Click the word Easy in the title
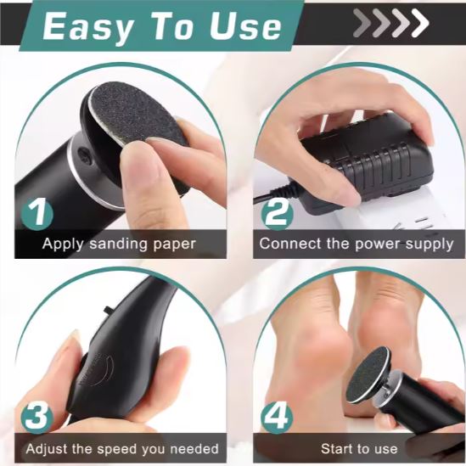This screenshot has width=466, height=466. click(87, 27)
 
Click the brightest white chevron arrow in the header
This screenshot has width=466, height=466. click(420, 23)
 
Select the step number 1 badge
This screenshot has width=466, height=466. click(37, 214)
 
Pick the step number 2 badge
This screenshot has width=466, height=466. click(277, 214)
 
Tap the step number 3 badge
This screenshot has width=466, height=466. click(37, 418)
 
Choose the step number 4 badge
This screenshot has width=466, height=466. click(277, 418)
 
